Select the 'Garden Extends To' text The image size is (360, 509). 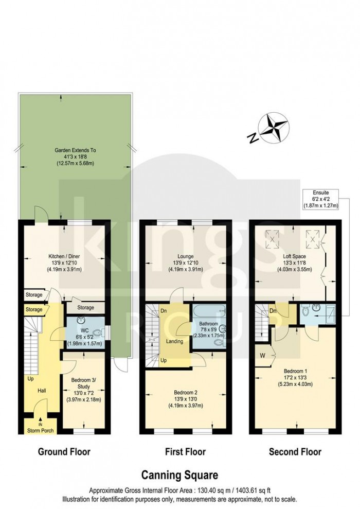pyautogui.click(x=76, y=150)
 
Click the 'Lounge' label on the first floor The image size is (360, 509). pyautogui.click(x=184, y=255)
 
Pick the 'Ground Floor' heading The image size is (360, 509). pyautogui.click(x=64, y=452)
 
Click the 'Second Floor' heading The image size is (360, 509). pyautogui.click(x=295, y=452)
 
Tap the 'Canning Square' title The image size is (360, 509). pyautogui.click(x=179, y=475)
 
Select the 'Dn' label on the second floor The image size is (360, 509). pyautogui.click(x=273, y=311)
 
